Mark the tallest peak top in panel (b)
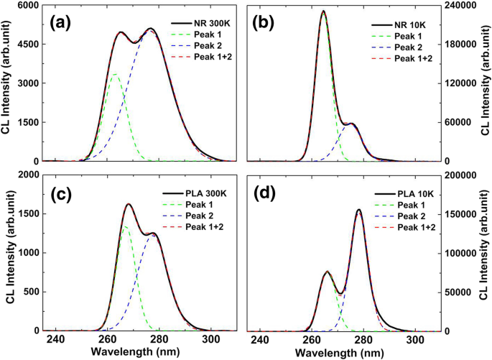(x=324, y=11)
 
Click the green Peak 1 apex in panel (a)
(x=115, y=74)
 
